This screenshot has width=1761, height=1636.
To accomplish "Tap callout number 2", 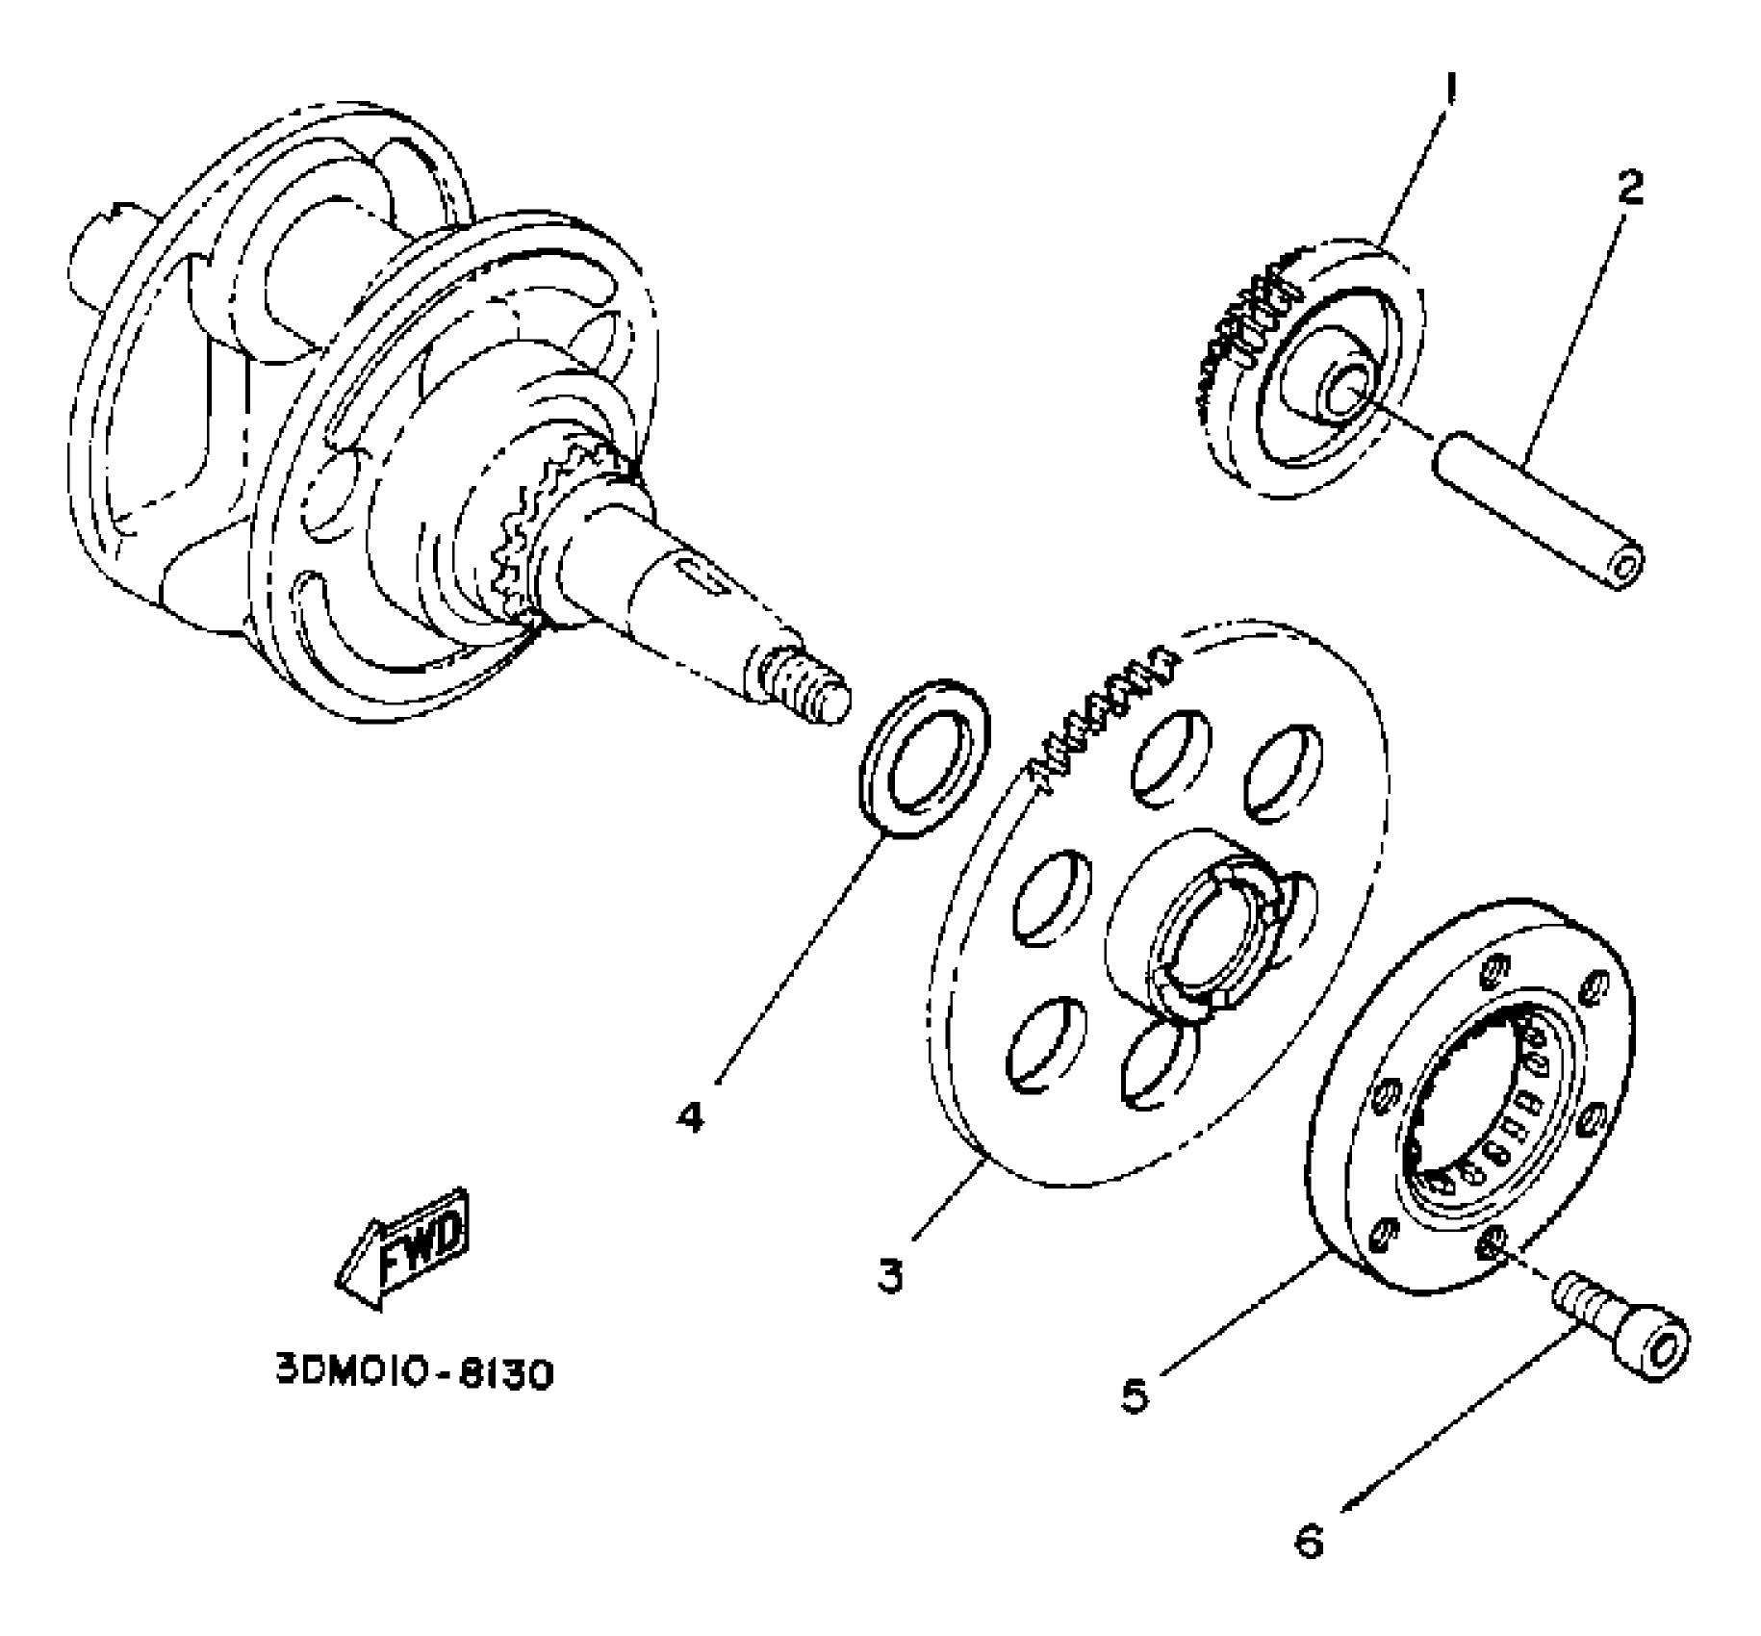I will tap(1629, 187).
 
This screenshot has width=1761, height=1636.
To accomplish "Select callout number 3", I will tap(890, 1274).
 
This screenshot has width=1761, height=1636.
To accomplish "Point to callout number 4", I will tap(690, 1117).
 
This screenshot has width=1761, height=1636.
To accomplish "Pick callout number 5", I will tap(1136, 1393).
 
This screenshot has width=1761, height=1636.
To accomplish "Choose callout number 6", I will tap(1309, 1541).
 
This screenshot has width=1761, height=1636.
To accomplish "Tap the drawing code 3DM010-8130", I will tap(415, 1373).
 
